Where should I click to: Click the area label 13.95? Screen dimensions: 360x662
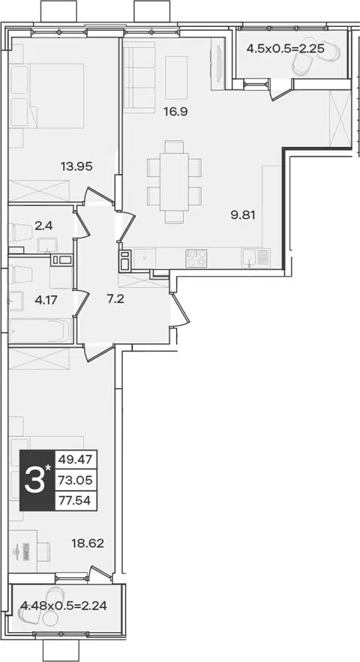click(x=76, y=166)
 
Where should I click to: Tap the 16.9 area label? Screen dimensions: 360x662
click(x=175, y=112)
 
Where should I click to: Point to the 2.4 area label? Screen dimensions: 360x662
click(x=43, y=226)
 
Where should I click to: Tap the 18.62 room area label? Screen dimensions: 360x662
click(x=88, y=543)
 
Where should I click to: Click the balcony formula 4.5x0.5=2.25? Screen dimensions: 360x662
click(x=285, y=48)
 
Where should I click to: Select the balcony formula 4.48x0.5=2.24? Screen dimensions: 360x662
click(x=64, y=607)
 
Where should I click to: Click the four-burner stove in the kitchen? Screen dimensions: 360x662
click(x=196, y=258)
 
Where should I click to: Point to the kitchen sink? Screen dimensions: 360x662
click(x=250, y=258)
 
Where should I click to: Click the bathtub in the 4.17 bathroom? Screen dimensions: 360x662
click(x=39, y=330)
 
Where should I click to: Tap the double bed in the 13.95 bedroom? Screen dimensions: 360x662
click(x=46, y=95)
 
